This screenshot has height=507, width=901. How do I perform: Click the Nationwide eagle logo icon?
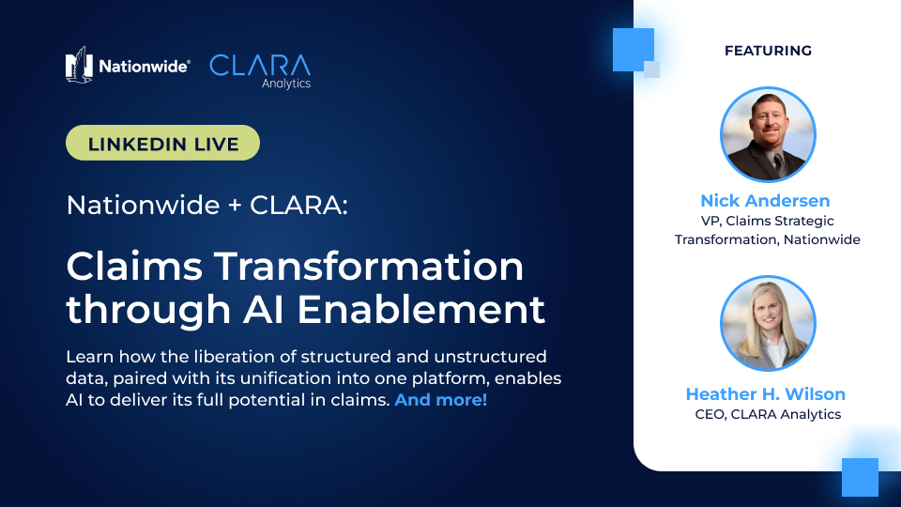79,65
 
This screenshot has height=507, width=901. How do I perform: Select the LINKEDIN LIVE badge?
162,143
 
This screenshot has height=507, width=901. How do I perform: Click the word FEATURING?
768,51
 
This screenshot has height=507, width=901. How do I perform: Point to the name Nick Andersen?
765,201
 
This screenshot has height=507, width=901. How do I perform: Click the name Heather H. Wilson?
766,393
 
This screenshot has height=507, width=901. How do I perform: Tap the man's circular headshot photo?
768,134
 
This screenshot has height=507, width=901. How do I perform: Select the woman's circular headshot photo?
768,323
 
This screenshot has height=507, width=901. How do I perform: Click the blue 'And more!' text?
441,400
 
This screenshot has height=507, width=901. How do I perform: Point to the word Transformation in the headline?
369,266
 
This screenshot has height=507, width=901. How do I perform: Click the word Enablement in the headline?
421,309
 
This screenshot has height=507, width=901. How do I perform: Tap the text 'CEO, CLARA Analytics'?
768,414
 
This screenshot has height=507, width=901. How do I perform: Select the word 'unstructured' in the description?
490,357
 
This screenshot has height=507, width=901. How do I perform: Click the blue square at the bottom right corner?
861,477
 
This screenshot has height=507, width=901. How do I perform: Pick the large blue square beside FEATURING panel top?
634,50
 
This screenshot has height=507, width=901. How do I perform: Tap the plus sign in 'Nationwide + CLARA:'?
235,206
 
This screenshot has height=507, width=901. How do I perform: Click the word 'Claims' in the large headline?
134,266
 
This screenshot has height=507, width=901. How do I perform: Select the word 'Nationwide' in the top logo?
144,66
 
